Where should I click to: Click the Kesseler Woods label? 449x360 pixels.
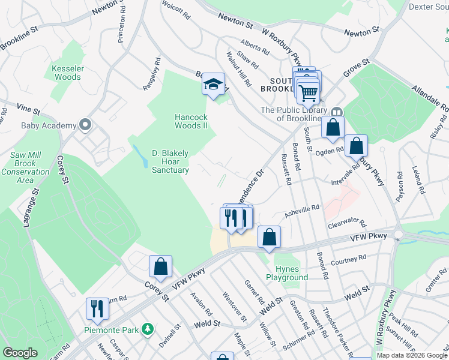click(67, 73)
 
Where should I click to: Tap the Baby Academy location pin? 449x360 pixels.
click(85, 125)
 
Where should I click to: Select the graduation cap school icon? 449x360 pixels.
click(212, 85)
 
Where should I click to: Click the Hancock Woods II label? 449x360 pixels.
click(191, 121)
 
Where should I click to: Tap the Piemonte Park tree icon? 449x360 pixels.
click(146, 329)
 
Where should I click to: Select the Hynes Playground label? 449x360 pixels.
click(287, 273)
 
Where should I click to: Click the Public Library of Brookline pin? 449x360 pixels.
click(337, 112)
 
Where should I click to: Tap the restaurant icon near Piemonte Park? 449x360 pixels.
click(97, 308)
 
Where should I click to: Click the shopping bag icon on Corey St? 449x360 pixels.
click(161, 266)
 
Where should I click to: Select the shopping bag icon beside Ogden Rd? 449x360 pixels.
click(357, 145)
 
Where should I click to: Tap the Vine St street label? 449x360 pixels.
click(28, 110)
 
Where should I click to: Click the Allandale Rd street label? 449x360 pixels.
click(430, 97)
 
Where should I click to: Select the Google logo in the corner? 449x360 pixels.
click(20, 353)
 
